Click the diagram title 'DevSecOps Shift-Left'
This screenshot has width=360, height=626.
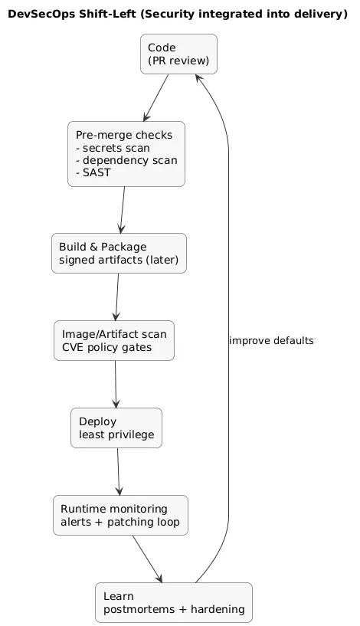[178, 14]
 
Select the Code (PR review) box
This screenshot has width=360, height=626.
[178, 54]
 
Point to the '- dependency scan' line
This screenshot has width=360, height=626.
[126, 160]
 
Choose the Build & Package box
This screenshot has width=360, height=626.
[119, 253]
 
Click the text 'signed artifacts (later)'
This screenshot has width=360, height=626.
[119, 261]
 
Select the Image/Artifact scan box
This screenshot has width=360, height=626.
[114, 340]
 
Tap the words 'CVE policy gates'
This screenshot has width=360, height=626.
[106, 348]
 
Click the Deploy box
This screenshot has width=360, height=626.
[116, 428]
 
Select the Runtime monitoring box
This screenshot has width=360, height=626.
[120, 515]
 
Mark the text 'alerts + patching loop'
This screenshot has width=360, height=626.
[120, 523]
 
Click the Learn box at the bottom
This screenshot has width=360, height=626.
[173, 602]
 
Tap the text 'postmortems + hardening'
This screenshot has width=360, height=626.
[173, 610]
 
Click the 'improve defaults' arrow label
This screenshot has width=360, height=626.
[271, 340]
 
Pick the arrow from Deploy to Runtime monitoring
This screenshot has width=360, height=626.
[118, 471]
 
